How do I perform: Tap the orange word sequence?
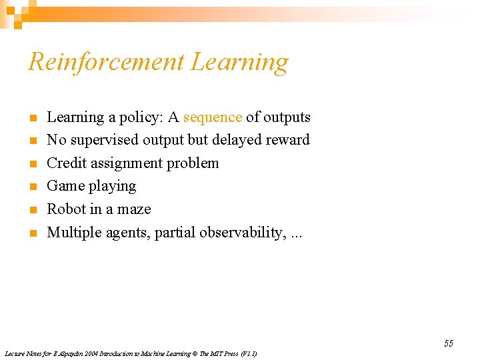click(213, 117)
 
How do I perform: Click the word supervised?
click(105, 141)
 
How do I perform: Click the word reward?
click(287, 140)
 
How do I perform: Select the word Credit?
click(66, 163)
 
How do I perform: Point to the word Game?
click(64, 186)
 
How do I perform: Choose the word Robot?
click(66, 209)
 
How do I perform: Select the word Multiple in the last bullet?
click(73, 233)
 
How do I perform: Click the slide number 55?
click(448, 343)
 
